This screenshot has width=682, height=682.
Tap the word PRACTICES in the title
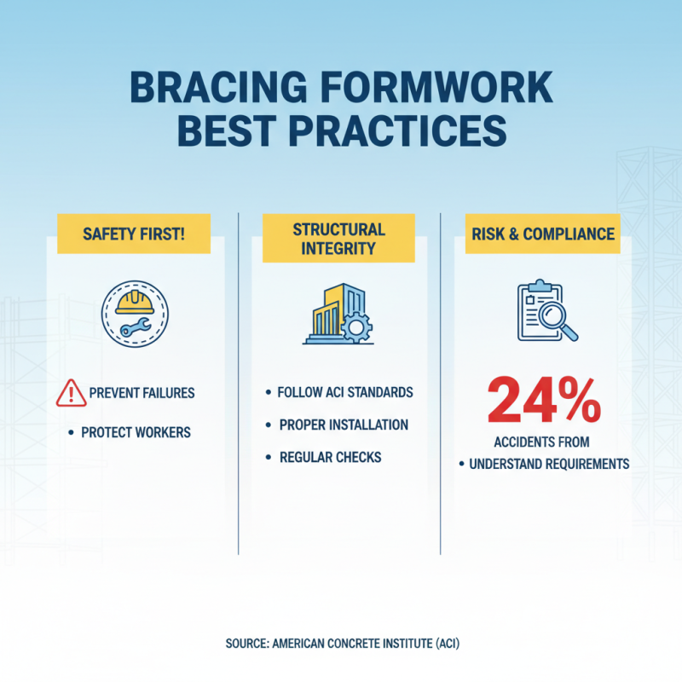click(404, 134)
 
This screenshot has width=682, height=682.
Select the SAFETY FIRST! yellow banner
click(133, 234)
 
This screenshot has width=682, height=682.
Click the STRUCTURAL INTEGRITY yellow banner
click(339, 240)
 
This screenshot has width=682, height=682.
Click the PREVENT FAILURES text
click(142, 394)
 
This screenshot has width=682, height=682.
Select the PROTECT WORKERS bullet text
click(136, 432)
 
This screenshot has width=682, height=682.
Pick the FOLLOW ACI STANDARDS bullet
click(345, 392)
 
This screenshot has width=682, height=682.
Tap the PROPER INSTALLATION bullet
click(344, 425)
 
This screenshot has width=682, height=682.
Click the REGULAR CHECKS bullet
click(330, 458)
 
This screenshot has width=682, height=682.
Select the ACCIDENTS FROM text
click(541, 442)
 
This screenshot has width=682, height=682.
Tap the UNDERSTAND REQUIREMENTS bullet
click(550, 465)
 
